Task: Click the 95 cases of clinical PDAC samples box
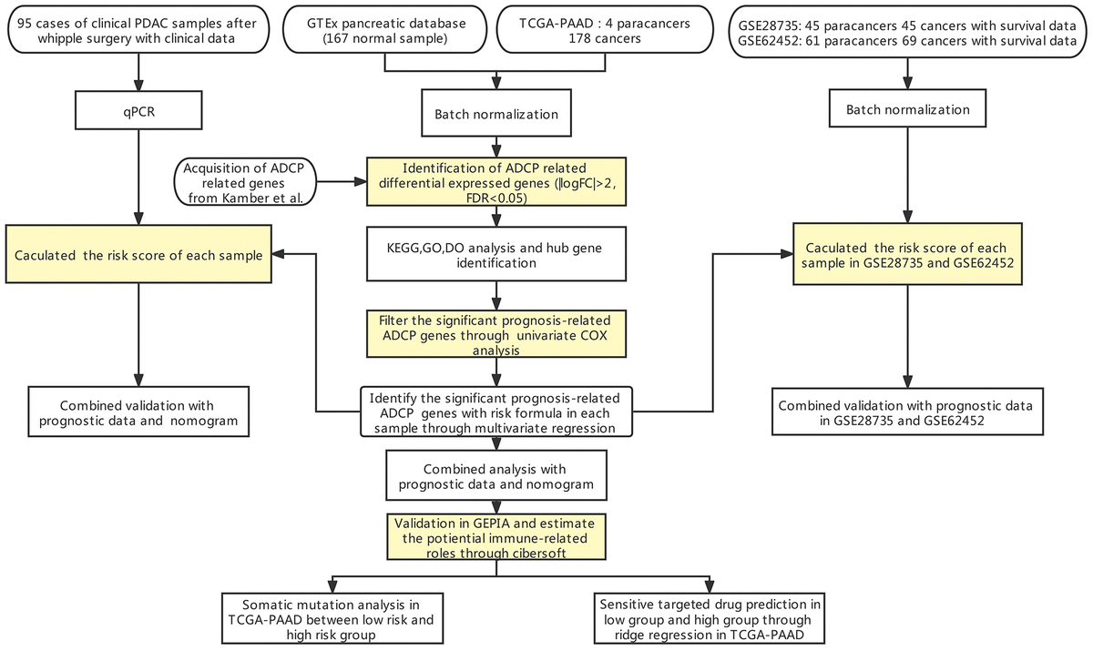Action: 138,32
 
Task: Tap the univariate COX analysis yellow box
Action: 495,332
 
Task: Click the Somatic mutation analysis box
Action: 333,619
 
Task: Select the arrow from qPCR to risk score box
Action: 138,182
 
